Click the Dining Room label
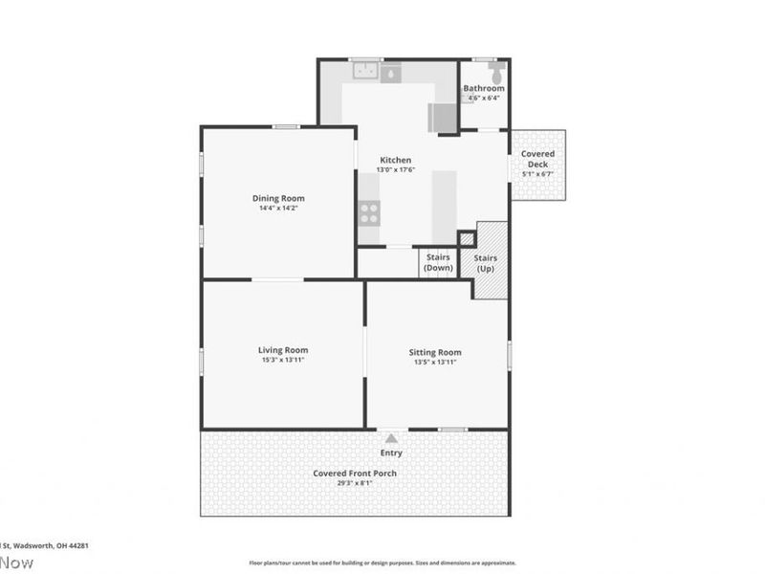point(278,198)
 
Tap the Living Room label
point(282,350)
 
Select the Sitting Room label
point(437,352)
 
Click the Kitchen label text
point(395,160)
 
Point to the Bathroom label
point(483,88)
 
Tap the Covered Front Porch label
point(355,474)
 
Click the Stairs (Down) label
point(438,262)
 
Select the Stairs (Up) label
point(486,263)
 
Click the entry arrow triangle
point(391,437)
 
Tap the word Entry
point(391,453)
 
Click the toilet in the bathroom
point(495,73)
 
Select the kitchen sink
point(363,71)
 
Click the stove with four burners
point(369,213)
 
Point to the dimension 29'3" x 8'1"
point(355,484)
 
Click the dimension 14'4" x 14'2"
point(278,209)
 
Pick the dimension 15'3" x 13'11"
point(282,362)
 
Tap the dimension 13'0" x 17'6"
point(395,170)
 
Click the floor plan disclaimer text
point(382,563)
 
